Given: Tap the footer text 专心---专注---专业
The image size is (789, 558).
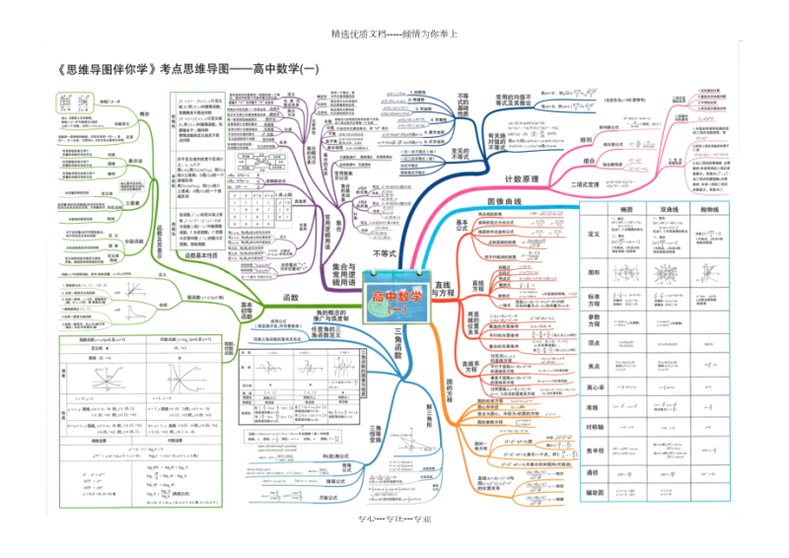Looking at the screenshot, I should pyautogui.click(x=394, y=521).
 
